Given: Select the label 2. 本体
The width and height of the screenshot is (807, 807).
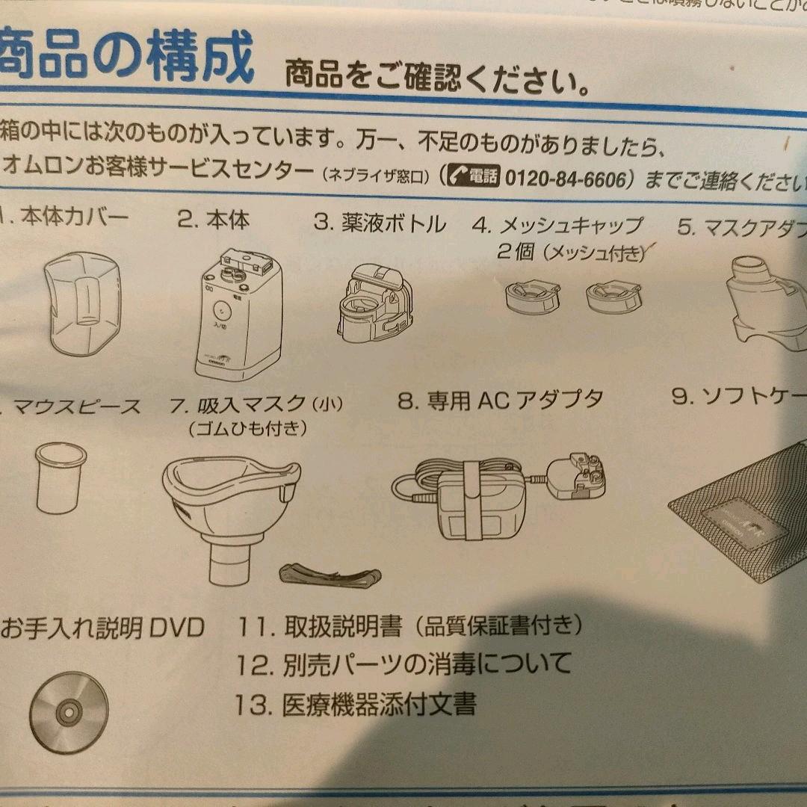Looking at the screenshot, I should pos(213,220).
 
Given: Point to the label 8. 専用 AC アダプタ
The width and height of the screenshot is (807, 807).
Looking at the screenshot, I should pos(500,401).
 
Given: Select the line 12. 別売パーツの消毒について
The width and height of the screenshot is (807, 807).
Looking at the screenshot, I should pos(403,663).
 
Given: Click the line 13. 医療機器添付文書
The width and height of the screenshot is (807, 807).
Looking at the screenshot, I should pos(356,705).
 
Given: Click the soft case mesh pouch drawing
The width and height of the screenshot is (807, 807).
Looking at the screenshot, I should pos(740,516).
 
